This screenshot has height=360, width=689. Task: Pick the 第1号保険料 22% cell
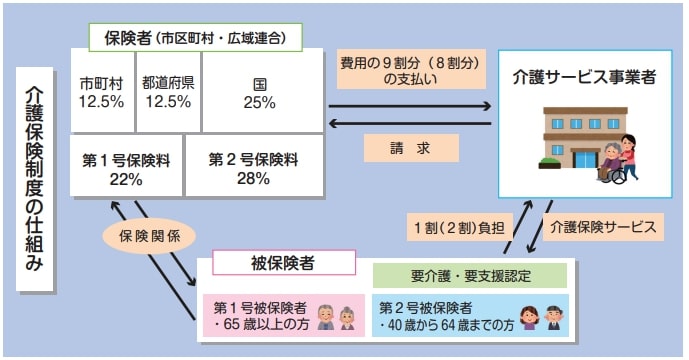pos(127,167)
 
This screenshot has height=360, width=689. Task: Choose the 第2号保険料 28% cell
pos(254,167)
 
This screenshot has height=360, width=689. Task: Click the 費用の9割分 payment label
pos(410,72)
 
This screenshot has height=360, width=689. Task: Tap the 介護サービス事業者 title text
pos(584,75)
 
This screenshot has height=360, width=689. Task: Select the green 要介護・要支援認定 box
pos(468,275)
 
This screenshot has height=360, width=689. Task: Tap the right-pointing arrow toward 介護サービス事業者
pos(410,104)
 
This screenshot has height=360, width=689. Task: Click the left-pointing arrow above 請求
pos(410,123)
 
